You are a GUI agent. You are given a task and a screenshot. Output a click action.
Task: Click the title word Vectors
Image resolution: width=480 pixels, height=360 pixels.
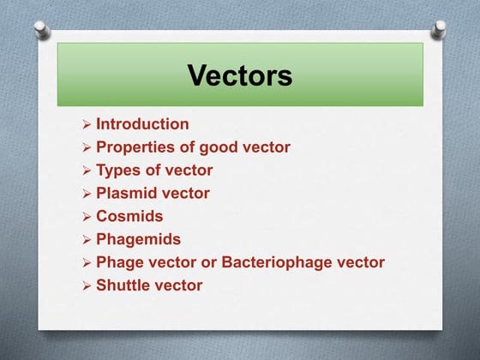tap(240, 75)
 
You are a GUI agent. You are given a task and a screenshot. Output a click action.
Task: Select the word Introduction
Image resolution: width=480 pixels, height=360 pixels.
tap(142, 124)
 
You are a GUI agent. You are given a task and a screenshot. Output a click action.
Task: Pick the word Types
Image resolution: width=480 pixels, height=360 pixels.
tap(120, 171)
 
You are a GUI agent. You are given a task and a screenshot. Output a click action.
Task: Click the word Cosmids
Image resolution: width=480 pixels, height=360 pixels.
tap(129, 217)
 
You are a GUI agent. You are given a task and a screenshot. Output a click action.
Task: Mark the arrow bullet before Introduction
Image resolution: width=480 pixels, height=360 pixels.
tap(86, 125)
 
